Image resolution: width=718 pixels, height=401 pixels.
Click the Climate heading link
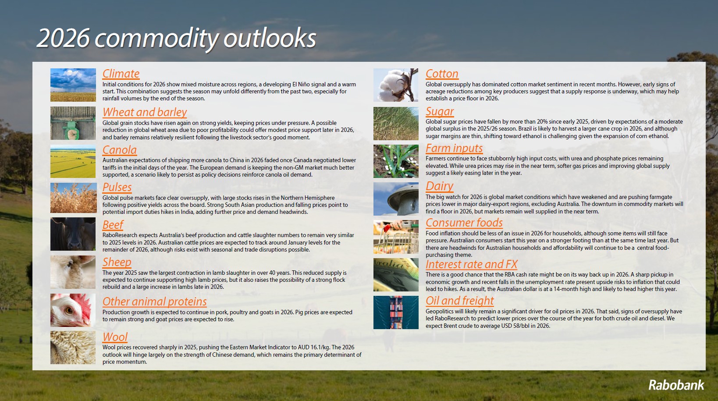tap(121, 74)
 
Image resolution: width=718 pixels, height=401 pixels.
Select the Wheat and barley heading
tap(145, 112)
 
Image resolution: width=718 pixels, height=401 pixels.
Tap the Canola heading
tap(120, 150)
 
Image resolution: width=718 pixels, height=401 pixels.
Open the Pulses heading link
tap(117, 187)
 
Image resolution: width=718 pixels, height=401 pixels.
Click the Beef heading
tap(113, 225)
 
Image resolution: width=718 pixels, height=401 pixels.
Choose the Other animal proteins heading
tap(154, 302)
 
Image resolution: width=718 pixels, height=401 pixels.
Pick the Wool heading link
tap(115, 337)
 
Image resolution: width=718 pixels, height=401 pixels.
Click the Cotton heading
tap(442, 74)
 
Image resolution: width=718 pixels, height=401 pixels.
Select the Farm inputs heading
tap(454, 148)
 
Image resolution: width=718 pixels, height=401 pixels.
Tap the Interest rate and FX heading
tap(472, 264)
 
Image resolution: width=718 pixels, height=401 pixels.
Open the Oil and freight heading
tap(460, 301)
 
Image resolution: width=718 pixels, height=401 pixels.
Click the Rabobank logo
tap(676, 385)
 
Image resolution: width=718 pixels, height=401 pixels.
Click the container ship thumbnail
tap(396, 312)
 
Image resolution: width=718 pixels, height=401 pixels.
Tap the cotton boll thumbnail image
tap(396, 85)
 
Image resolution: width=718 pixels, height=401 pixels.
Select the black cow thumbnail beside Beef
tap(73, 234)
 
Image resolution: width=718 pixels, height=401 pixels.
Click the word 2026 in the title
tap(63, 39)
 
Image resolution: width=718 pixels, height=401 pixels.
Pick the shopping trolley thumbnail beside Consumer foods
tap(396, 237)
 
